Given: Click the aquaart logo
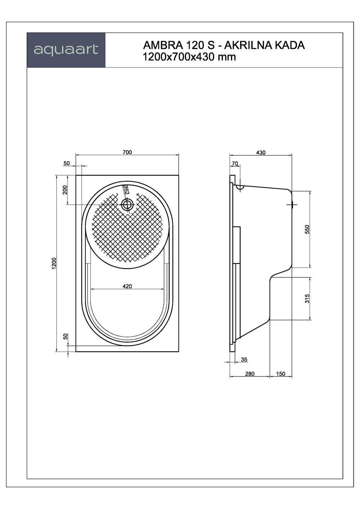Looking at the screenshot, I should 66,50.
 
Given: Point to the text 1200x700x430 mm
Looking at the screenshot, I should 189,57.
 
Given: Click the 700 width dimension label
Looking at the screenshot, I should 127,152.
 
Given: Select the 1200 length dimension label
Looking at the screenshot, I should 54,263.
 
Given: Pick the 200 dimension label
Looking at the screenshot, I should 65,190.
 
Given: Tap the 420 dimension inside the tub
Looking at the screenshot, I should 127,286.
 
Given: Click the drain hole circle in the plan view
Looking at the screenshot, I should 127,205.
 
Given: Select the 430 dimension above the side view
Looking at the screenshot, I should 261,153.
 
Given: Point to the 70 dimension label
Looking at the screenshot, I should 235,163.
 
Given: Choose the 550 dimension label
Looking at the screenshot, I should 307,229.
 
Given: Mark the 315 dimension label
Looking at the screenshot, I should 307,298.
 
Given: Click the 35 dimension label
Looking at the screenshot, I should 244,360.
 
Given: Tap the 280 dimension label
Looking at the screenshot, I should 249,374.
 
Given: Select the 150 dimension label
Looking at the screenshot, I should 281,374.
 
